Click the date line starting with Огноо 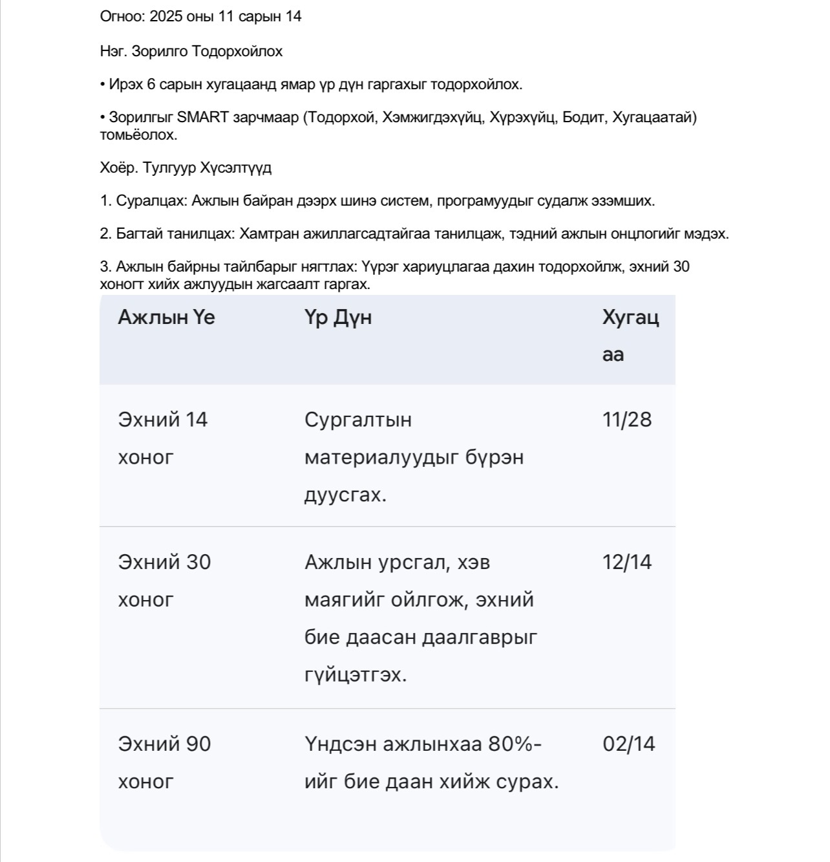200,17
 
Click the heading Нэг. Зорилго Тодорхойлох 191,52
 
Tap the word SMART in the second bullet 202,118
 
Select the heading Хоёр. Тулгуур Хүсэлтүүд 186,168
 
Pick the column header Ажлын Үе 166,318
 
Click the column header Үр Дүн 338,318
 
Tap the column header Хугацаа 630,335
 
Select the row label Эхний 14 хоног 162,438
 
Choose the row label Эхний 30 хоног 164,580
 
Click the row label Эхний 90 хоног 164,762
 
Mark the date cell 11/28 627,420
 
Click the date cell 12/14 627,562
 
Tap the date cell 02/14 628,744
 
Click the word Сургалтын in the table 358,420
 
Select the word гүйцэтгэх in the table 356,675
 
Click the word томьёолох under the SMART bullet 138,135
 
